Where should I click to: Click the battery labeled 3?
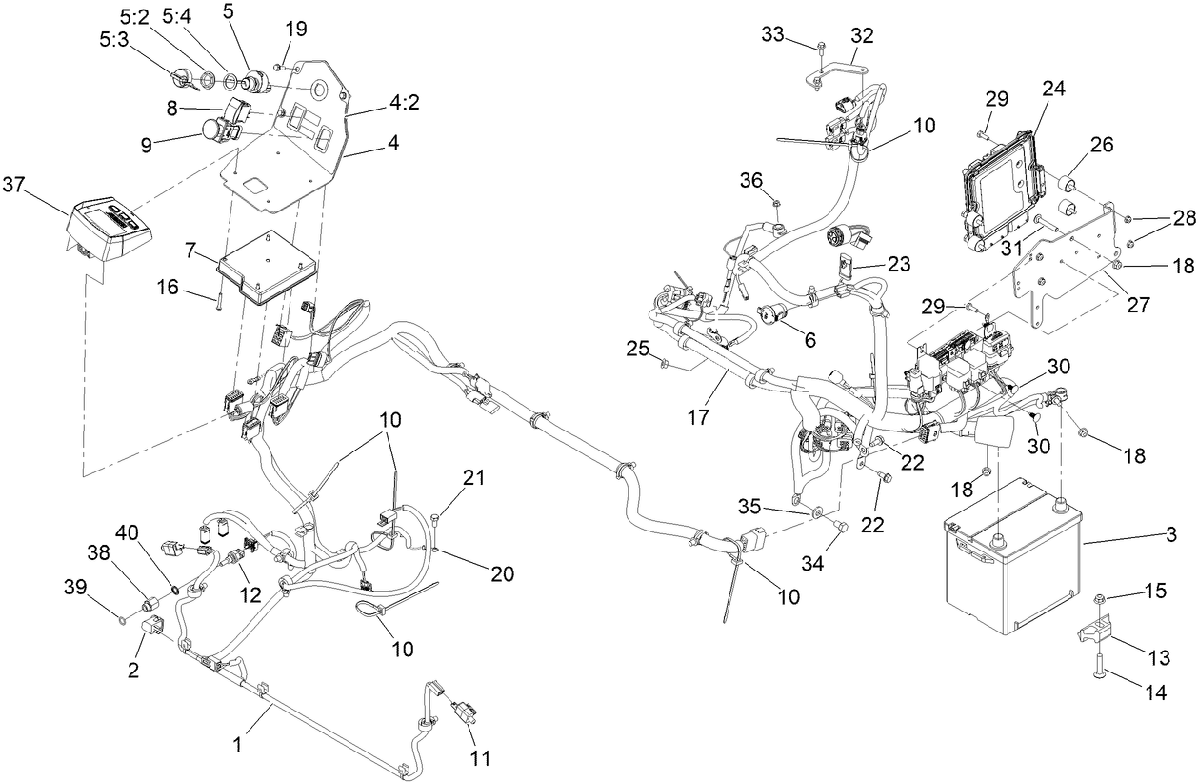[x=1009, y=571]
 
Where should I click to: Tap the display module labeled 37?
[x=107, y=229]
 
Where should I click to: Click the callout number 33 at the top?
[x=774, y=35]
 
